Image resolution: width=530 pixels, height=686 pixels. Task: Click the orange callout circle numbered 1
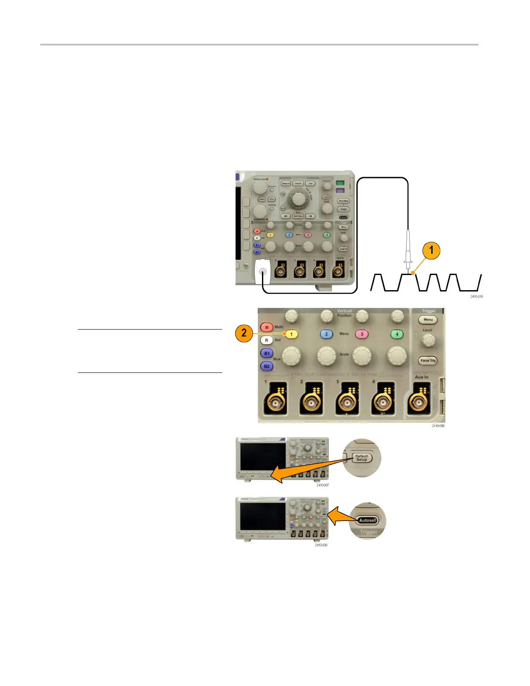tap(431, 250)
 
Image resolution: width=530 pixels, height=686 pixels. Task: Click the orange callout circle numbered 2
tap(244, 333)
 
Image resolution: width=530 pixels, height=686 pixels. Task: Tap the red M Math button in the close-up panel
tap(267, 327)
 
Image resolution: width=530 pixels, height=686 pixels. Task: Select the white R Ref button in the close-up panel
tap(267, 340)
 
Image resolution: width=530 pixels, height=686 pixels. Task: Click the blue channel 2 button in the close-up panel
tap(326, 334)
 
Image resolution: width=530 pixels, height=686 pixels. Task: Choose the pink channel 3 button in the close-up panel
tap(362, 334)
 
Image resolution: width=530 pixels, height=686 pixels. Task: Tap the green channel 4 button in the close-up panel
tap(397, 334)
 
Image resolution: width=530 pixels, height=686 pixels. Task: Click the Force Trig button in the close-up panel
tap(428, 360)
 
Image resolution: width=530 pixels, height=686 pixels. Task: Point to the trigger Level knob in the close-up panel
tap(428, 341)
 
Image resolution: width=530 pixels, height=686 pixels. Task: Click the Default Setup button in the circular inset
tap(362, 458)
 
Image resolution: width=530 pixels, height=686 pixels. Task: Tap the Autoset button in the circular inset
tap(367, 520)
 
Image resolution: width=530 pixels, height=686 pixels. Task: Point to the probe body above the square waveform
tap(407, 247)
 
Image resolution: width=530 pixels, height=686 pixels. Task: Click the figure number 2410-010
tap(476, 297)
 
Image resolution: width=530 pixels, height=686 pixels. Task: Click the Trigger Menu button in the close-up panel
tap(428, 320)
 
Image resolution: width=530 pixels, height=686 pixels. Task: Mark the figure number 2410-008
tap(321, 545)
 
